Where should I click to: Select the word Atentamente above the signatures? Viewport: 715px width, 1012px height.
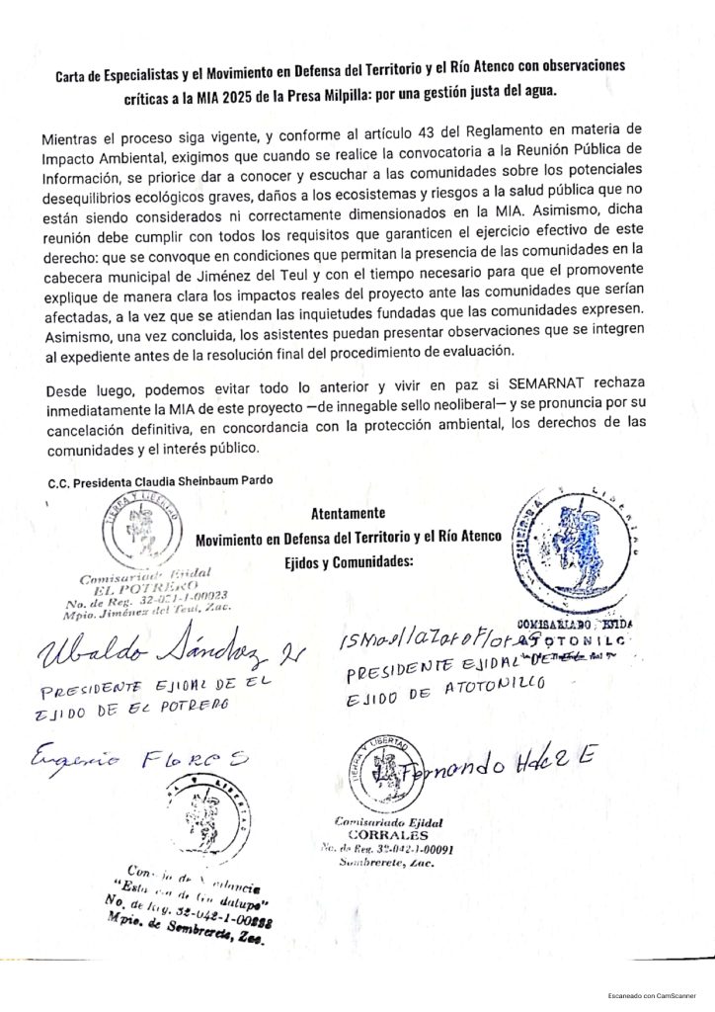coord(348,514)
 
